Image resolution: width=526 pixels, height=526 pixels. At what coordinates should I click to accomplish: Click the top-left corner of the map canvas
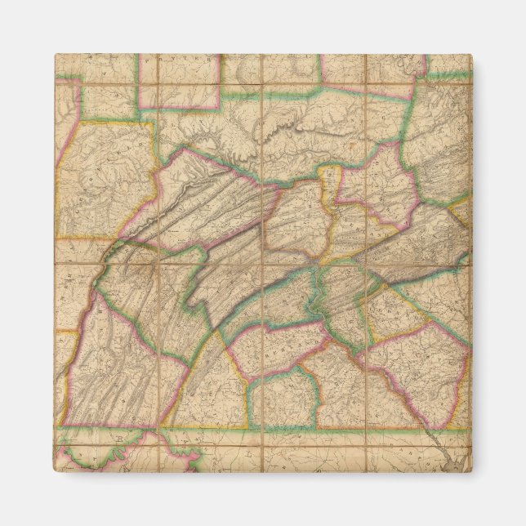[56, 55]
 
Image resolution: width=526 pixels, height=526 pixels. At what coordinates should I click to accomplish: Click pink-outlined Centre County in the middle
[208, 204]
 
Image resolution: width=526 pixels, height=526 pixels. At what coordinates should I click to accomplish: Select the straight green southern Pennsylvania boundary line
[245, 427]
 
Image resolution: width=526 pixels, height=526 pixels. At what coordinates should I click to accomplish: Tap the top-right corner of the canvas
[470, 55]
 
